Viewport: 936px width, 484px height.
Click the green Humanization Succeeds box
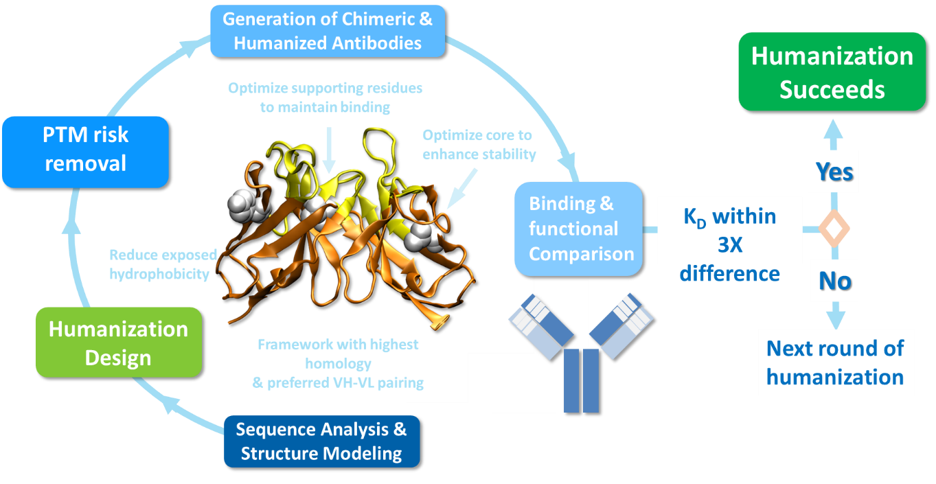tap(832, 72)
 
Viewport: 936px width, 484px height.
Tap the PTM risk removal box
tap(85, 150)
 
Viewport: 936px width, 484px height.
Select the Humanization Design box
tap(118, 343)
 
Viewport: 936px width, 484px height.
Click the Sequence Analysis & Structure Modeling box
tap(321, 441)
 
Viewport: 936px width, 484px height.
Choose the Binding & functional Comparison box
tap(581, 229)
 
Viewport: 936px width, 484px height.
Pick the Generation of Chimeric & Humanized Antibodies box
tap(328, 31)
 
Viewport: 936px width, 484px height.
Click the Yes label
tap(834, 171)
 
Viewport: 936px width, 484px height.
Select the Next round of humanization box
tap(835, 362)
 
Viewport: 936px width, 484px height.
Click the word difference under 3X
tap(729, 274)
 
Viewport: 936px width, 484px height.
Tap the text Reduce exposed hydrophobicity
tap(163, 264)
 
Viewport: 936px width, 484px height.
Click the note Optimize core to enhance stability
tap(479, 144)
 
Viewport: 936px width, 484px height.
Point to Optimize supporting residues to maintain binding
tap(325, 97)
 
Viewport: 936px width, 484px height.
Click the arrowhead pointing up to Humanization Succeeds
tap(834, 128)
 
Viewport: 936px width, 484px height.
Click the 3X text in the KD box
tap(729, 245)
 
